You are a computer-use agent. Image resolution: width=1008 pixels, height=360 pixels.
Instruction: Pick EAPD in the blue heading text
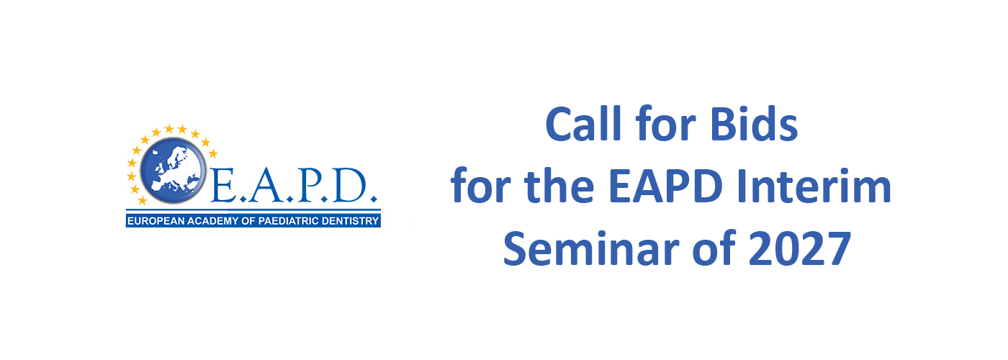point(665,186)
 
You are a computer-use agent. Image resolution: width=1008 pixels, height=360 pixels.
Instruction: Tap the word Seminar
point(590,248)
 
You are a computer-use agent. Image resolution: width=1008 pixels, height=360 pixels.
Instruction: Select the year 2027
point(800,248)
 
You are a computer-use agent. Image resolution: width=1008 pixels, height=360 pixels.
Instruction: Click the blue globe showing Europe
point(174,170)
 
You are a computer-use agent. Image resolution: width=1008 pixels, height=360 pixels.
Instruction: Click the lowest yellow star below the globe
point(143,200)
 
